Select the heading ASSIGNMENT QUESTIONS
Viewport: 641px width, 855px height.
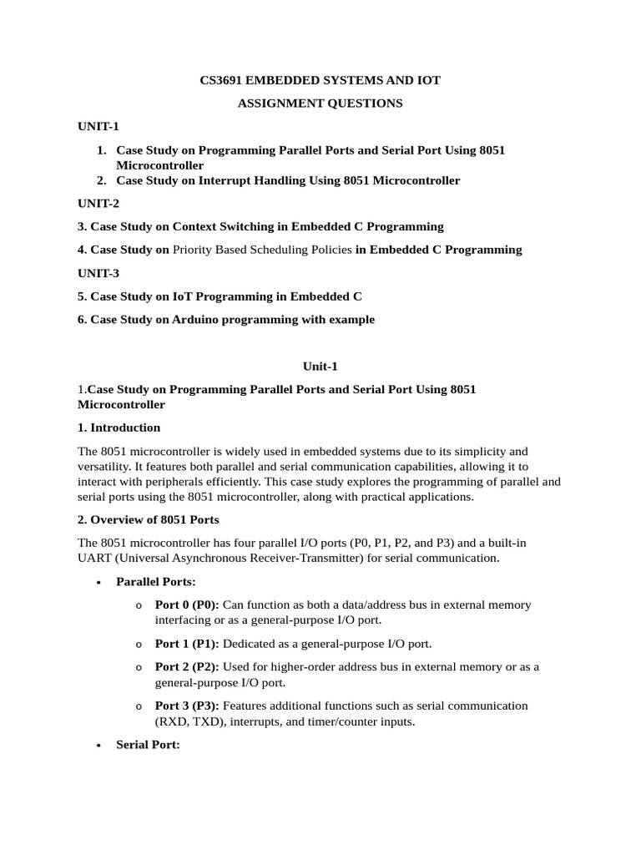point(320,104)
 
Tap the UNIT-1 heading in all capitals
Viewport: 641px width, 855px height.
point(98,127)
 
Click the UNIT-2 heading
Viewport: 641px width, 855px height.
point(98,204)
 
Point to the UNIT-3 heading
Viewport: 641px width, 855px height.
point(98,273)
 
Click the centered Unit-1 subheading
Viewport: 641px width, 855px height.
point(320,366)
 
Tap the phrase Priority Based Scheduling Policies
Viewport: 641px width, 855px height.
point(262,250)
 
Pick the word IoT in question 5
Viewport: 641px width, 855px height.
point(183,296)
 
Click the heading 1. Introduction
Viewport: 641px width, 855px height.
point(119,427)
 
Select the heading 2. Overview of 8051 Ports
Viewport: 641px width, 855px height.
point(149,519)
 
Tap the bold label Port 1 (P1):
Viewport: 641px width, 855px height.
point(187,644)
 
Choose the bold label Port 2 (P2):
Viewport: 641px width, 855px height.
point(187,666)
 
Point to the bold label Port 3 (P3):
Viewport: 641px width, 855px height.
point(187,706)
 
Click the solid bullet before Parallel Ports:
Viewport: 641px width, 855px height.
point(99,582)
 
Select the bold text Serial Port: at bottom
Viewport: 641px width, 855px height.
point(148,744)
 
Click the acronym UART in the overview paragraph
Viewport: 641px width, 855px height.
point(93,558)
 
